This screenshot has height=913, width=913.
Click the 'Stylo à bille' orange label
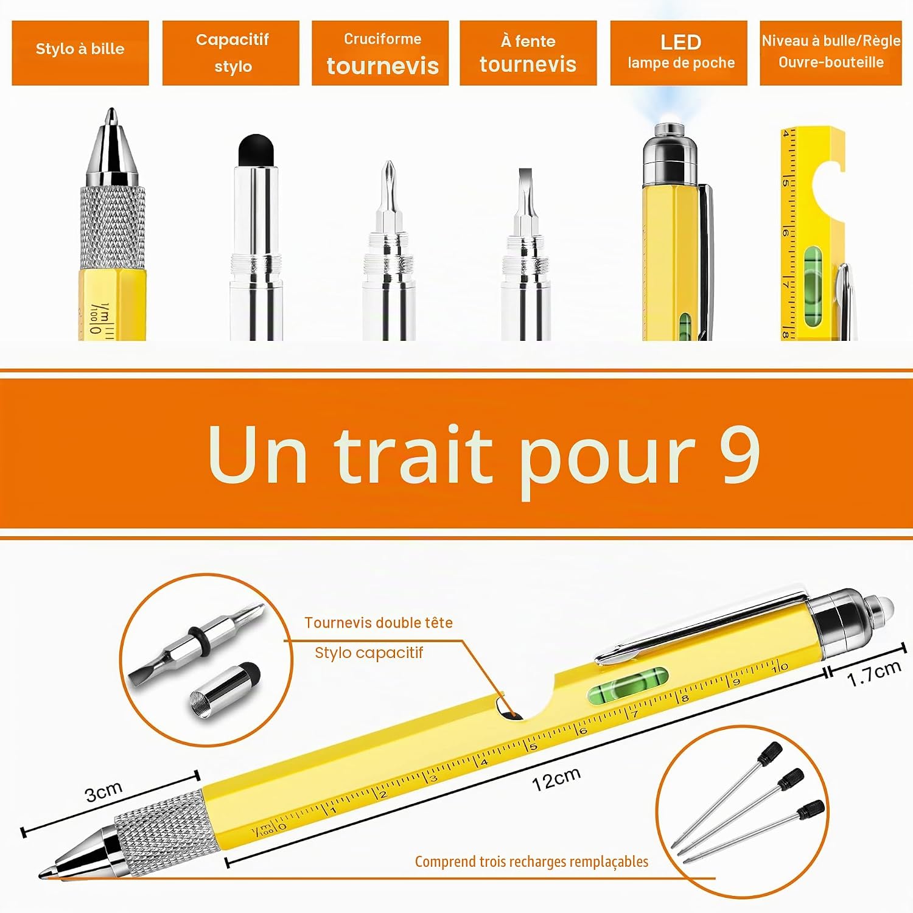point(80,53)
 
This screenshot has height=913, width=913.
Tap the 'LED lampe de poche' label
point(679,53)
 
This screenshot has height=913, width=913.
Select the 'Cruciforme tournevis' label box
point(380,53)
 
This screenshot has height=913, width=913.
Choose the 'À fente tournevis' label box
point(528,53)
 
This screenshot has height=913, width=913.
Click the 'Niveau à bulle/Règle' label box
point(831,53)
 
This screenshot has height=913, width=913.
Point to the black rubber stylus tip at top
point(256,150)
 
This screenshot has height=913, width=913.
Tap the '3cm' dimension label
point(103,792)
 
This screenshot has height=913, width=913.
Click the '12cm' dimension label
point(556,778)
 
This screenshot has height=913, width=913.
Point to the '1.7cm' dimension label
point(874,673)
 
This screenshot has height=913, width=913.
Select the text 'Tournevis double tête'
point(379,623)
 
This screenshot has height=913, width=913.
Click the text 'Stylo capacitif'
point(369,652)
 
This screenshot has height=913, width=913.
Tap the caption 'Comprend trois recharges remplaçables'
point(531,861)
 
